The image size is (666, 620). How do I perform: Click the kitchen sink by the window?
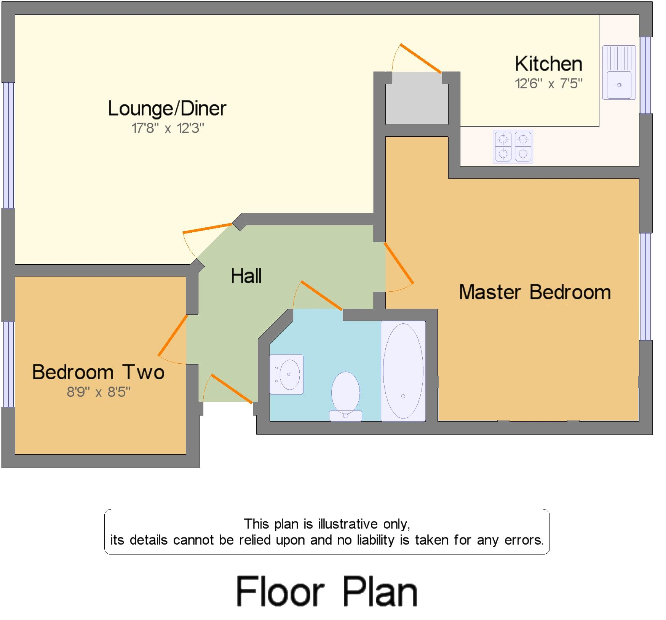pyautogui.click(x=619, y=73)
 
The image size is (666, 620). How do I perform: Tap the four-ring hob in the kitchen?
pyautogui.click(x=513, y=147)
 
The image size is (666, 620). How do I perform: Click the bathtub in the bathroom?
pyautogui.click(x=403, y=371)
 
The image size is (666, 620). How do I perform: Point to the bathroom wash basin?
pyautogui.click(x=287, y=374)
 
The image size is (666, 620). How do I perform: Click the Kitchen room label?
pyautogui.click(x=548, y=64)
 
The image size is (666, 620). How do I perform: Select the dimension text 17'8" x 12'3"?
pyautogui.click(x=168, y=128)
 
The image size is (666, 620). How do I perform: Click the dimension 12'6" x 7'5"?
pyautogui.click(x=548, y=83)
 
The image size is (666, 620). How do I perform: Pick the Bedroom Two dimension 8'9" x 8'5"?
pyautogui.click(x=99, y=391)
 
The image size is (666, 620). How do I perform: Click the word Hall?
pyautogui.click(x=246, y=276)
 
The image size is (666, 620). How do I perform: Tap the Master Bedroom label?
pyautogui.click(x=535, y=292)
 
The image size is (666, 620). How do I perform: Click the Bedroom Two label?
pyautogui.click(x=98, y=372)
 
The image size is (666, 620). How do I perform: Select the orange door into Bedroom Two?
pyautogui.click(x=172, y=335)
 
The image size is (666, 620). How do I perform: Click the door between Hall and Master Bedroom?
pyautogui.click(x=399, y=263)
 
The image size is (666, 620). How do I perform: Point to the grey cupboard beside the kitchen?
pyautogui.click(x=417, y=99)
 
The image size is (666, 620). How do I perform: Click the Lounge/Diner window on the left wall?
pyautogui.click(x=8, y=145)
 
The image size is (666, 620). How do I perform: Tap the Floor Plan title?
pyautogui.click(x=327, y=591)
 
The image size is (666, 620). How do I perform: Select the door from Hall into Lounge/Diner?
pyautogui.click(x=207, y=228)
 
